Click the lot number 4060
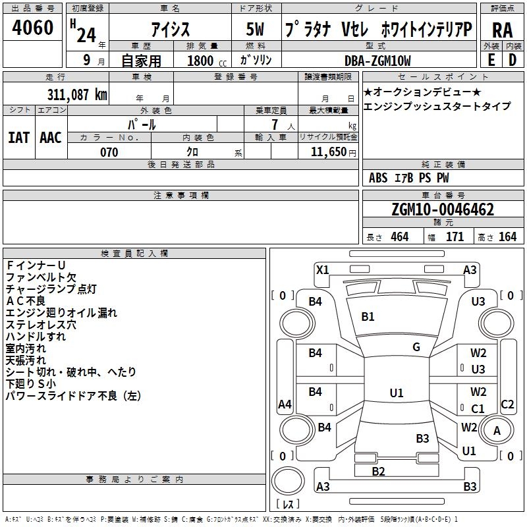point(33,28)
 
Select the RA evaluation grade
point(502,30)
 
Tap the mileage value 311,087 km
point(76,94)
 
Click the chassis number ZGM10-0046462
point(442,210)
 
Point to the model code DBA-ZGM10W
point(377,61)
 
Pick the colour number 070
point(109,152)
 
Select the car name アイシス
point(170,30)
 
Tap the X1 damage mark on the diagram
point(322,269)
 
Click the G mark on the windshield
point(416,347)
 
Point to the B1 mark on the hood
point(368,317)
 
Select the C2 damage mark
point(507,404)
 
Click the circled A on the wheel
point(497,430)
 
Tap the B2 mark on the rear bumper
point(378,471)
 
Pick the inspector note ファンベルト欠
point(41,277)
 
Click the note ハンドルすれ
point(36,337)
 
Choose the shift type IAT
point(18,138)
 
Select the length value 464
point(399,237)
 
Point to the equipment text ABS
point(378,178)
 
